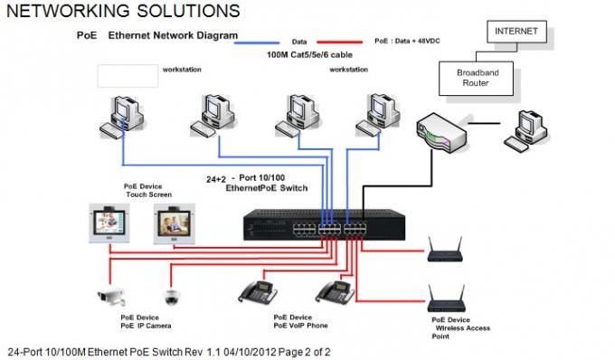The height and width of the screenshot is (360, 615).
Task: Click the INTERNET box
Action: coord(516,32)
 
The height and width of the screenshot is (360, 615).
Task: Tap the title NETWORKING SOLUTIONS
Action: coord(123,11)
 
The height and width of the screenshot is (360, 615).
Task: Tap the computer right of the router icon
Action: coord(526,132)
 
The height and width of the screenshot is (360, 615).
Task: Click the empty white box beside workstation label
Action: coord(127,76)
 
